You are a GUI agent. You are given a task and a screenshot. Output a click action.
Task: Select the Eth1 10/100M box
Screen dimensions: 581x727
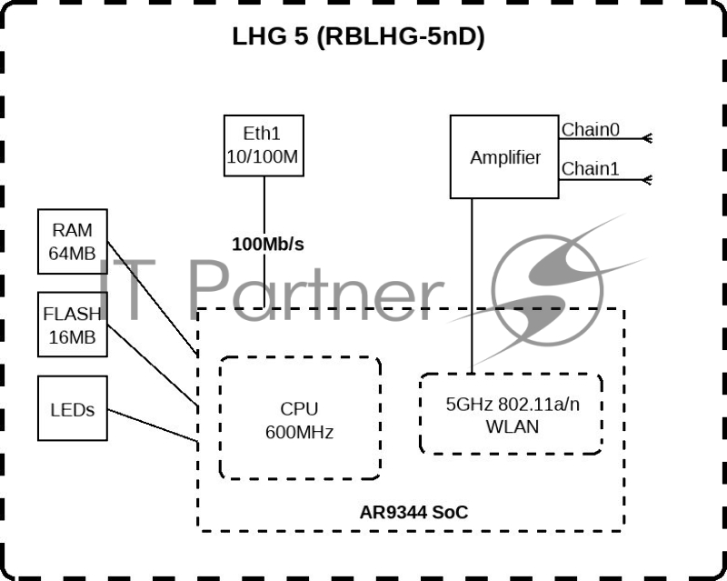[264, 145]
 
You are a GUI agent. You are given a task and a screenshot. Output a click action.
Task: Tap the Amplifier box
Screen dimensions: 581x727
[504, 156]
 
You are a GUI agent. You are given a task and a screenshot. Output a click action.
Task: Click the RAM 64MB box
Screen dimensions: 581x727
[72, 241]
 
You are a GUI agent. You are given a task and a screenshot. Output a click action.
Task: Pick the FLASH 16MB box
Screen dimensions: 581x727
[72, 325]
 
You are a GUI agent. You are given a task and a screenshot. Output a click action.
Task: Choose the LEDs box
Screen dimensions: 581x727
[72, 408]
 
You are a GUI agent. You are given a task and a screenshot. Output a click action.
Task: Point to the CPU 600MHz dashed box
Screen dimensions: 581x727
[300, 418]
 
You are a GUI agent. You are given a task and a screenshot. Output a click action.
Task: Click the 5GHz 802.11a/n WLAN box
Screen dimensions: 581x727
[510, 414]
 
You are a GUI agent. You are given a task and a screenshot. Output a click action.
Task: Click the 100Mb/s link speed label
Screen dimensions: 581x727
[267, 245]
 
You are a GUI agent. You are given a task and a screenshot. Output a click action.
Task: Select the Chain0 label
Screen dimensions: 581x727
[591, 130]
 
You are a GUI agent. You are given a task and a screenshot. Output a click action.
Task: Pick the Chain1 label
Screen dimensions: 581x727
[591, 169]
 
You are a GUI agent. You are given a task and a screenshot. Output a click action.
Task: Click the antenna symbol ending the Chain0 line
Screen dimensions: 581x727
[647, 139]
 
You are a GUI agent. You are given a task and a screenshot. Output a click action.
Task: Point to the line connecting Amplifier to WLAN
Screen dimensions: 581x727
[472, 282]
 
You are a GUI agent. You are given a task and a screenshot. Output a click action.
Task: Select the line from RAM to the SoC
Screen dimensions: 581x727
[153, 296]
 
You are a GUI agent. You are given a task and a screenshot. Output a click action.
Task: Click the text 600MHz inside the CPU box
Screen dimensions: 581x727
[300, 432]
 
